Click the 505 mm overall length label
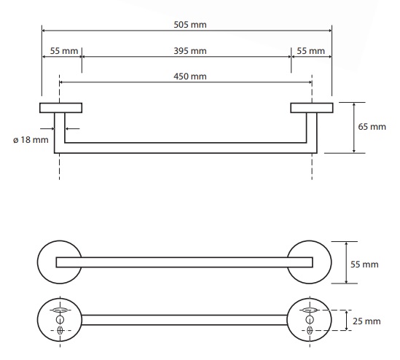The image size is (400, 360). coord(190,25)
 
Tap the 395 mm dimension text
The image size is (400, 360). coord(190,51)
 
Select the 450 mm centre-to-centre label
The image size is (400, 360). coord(190,77)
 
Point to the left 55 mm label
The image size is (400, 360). coord(64,51)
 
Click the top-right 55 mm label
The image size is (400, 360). coord(310,51)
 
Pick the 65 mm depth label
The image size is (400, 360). coord(372,127)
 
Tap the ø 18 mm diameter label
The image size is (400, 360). coord(31,140)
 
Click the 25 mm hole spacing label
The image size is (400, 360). coord(366,321)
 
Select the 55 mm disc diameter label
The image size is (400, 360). coord(364,265)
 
